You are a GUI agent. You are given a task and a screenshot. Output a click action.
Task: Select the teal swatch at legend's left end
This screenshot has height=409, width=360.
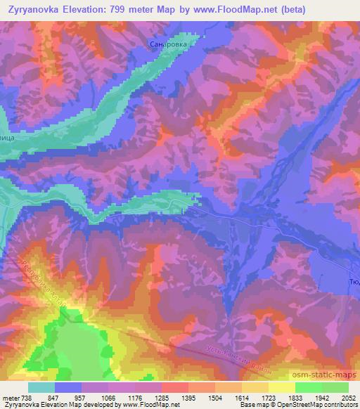[41, 387]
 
